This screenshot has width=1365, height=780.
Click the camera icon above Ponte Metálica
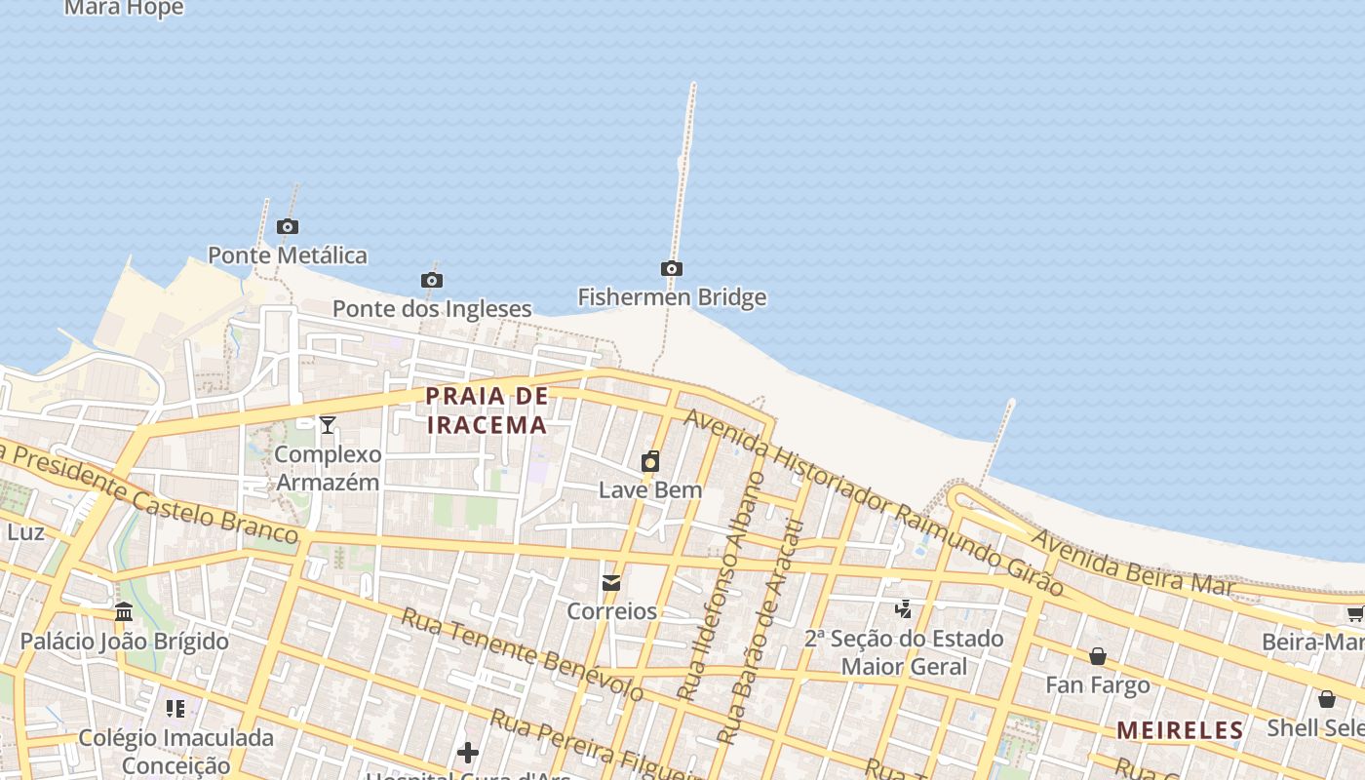(x=287, y=226)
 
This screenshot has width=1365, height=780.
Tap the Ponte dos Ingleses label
(x=432, y=309)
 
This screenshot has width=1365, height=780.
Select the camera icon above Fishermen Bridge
(x=671, y=268)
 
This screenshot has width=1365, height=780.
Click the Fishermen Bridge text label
(x=672, y=296)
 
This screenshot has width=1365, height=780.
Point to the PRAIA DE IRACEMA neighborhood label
(x=487, y=410)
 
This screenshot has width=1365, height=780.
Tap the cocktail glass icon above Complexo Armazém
(x=328, y=424)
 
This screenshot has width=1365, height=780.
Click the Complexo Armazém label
(x=328, y=468)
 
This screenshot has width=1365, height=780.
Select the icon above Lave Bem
(x=650, y=461)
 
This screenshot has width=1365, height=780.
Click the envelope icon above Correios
(x=611, y=583)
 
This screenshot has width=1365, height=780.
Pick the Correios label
(x=612, y=611)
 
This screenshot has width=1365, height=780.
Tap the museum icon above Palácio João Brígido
(x=124, y=612)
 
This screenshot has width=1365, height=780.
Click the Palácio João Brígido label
(x=125, y=642)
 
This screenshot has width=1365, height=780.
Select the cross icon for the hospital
(x=468, y=753)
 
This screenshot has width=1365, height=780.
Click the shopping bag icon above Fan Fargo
(x=1098, y=656)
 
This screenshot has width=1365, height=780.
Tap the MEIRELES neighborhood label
(x=1180, y=730)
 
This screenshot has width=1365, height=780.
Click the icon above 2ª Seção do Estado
(x=904, y=609)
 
